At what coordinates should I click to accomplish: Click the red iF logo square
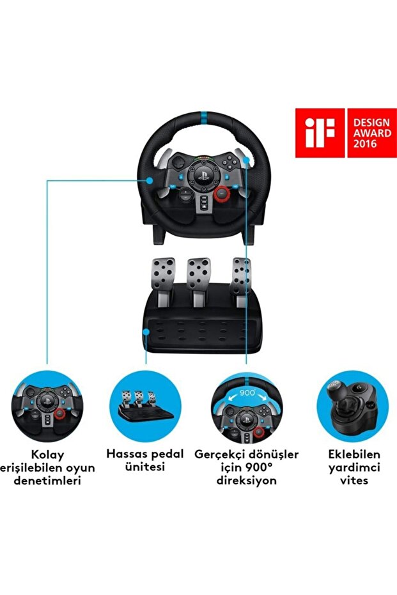[319, 132]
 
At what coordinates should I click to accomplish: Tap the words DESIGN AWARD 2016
[371, 132]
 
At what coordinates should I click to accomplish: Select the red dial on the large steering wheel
[222, 194]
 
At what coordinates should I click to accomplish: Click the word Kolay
[47, 455]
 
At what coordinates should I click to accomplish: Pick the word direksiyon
[245, 480]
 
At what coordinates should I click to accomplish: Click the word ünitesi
[144, 467]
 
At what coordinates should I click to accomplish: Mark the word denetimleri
[47, 481]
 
